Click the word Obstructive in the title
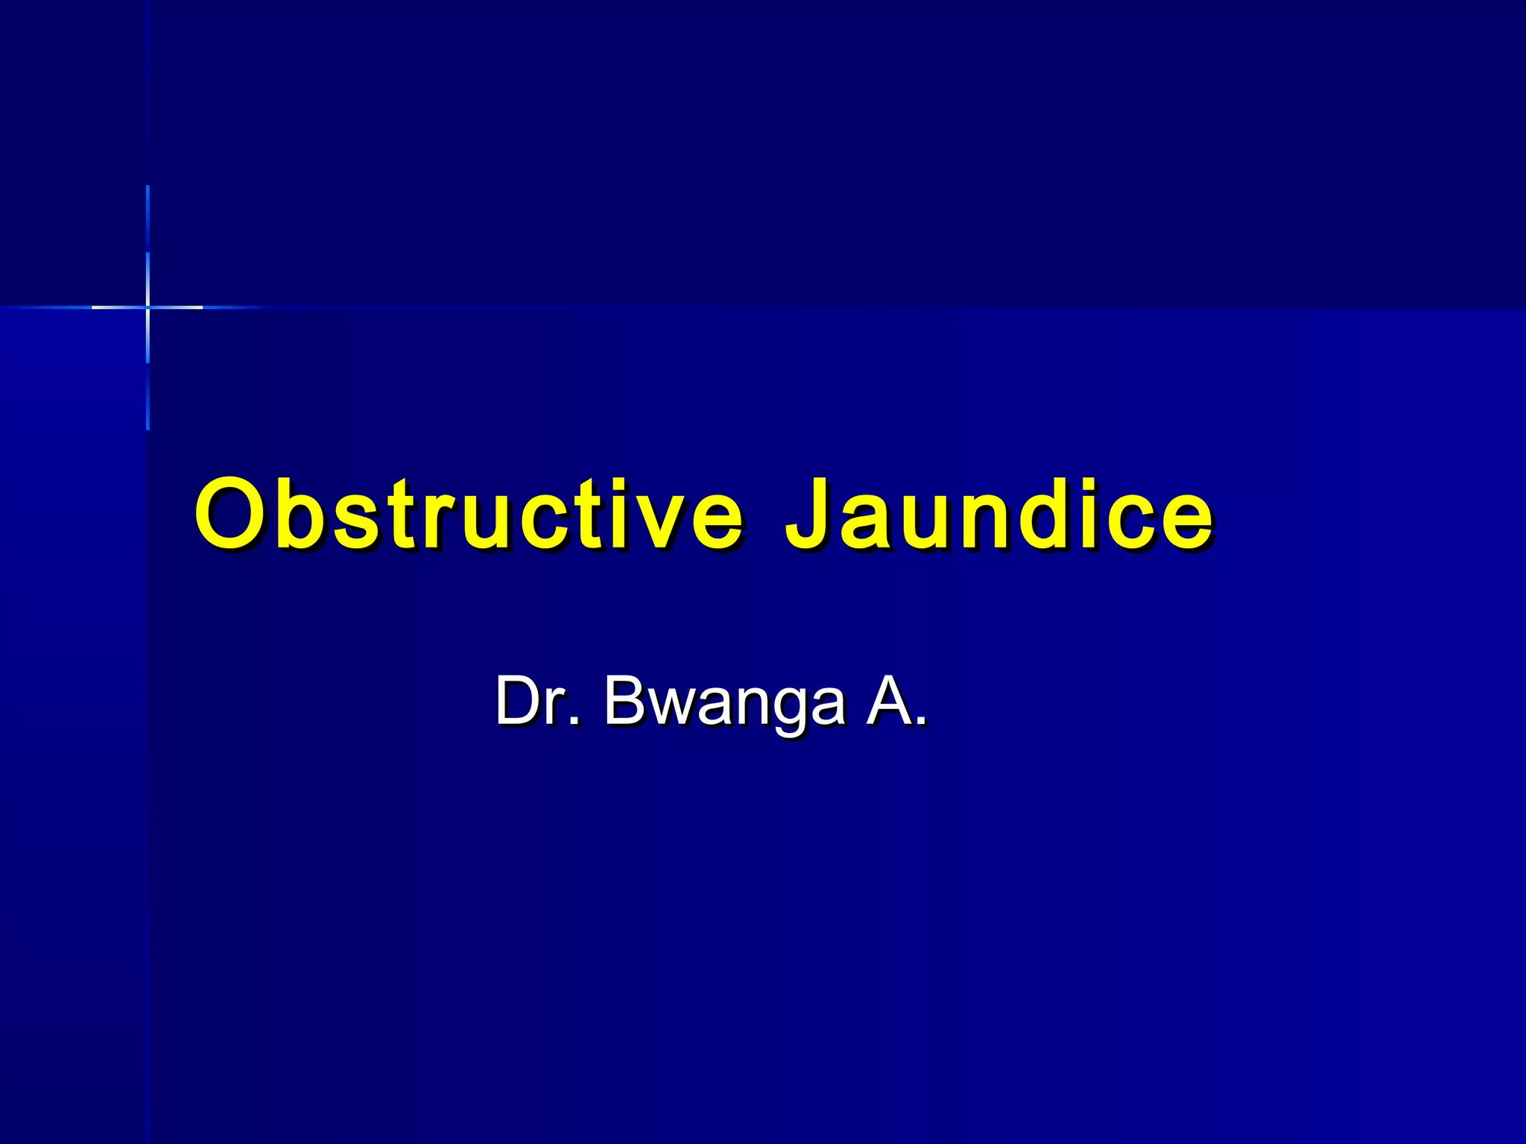(468, 514)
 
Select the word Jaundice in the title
(998, 514)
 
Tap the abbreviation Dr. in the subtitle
(536, 700)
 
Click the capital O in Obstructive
(232, 514)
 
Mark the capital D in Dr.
(519, 700)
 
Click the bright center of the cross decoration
(148, 307)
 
